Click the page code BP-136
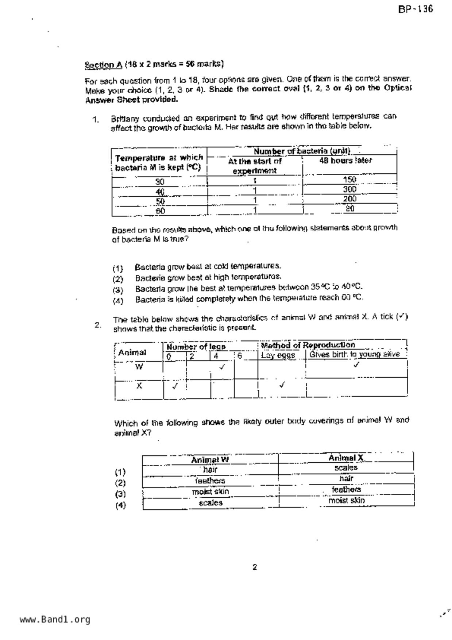pos(416,9)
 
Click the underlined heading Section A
pos(104,65)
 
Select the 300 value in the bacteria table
pos(349,189)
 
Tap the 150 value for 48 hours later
pos(349,180)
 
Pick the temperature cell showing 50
pos(160,201)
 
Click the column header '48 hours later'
pos(345,161)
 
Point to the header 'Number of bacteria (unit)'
pos(302,151)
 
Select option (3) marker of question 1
pos(118,290)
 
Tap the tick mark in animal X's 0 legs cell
pos(175,386)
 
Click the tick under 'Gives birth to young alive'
pos(356,365)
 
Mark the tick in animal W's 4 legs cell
pos(222,367)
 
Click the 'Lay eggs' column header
pos(278,355)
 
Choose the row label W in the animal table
pos(139,367)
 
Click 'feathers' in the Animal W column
pos(210,481)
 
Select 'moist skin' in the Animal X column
pos(346,501)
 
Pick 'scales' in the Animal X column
pos(345,467)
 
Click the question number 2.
pos(97,325)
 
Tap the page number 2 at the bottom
pos(255,567)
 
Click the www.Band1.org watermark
pos(55,619)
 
